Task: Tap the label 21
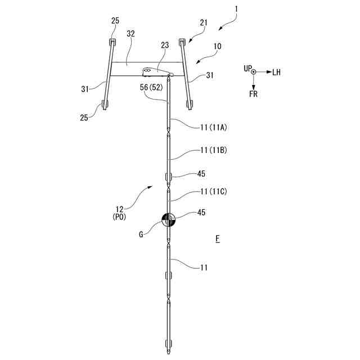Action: click(204, 23)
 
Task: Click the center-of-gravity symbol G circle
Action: click(169, 220)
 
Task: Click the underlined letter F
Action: click(217, 240)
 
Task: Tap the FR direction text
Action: click(254, 93)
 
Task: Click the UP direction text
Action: click(247, 68)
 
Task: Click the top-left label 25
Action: click(115, 21)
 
